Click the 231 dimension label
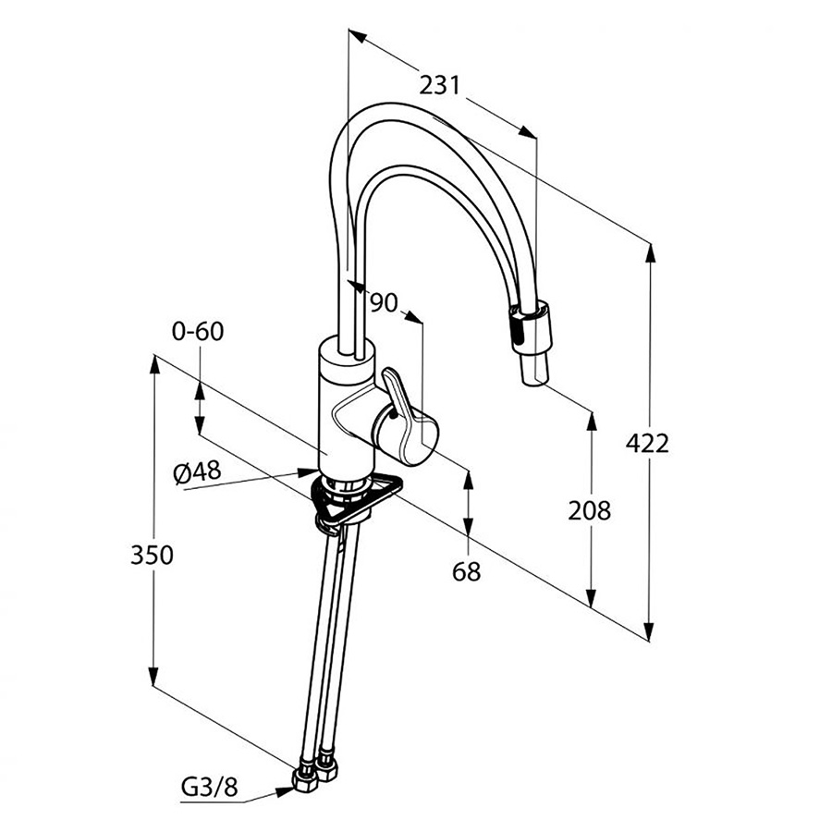(440, 85)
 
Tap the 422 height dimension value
(647, 443)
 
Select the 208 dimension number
(590, 510)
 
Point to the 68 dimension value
(467, 571)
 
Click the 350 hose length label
(152, 555)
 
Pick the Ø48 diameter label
(197, 471)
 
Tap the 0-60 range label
(198, 331)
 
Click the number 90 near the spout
(384, 302)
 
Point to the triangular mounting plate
(357, 499)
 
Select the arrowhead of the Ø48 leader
(308, 471)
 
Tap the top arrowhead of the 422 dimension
(650, 252)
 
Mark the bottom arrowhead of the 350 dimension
(153, 675)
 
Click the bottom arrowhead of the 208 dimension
(591, 597)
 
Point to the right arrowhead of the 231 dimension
(528, 132)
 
